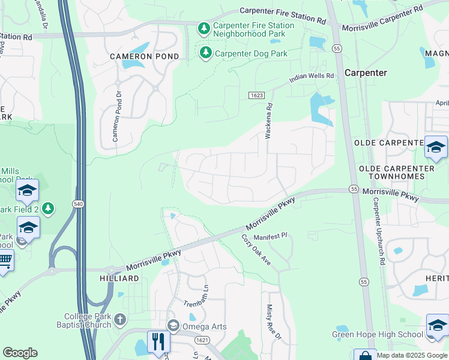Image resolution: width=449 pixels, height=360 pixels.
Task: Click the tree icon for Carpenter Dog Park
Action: [206, 53]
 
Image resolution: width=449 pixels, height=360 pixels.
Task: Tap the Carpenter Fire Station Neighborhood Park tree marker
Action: [204, 29]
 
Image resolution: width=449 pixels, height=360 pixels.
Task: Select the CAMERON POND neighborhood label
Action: [144, 56]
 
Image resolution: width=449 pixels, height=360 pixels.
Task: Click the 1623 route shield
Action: [256, 96]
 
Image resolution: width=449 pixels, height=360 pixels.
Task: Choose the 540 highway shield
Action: [79, 204]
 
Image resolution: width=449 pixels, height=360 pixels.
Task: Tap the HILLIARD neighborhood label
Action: [119, 279]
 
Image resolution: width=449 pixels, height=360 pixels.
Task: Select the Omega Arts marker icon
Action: [174, 326]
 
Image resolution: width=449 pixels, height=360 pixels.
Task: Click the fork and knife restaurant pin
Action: [158, 341]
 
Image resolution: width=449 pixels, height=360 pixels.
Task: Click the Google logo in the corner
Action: [20, 353]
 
